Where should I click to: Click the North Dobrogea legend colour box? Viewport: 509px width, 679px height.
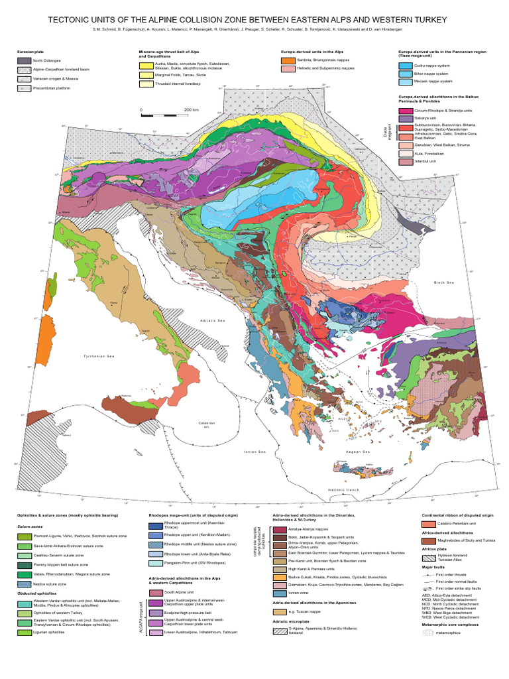point(24,60)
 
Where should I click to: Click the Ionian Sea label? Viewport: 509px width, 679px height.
point(255,452)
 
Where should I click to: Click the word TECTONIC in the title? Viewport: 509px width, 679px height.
point(72,21)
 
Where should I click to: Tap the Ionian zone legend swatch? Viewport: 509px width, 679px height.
point(280,592)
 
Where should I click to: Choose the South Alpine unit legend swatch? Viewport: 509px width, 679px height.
point(155,593)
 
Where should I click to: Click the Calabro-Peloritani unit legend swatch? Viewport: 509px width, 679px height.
point(428,524)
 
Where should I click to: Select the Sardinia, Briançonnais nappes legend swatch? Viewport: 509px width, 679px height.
point(286,60)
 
